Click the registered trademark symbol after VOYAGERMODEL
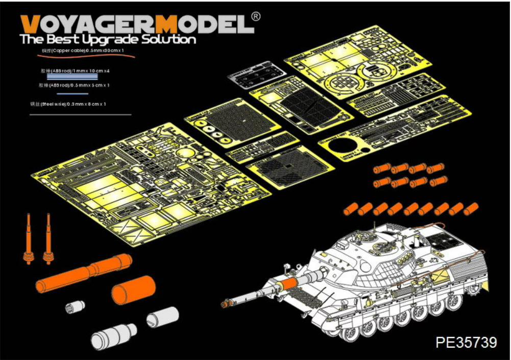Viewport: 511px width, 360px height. [256, 16]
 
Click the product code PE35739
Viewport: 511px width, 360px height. [466, 342]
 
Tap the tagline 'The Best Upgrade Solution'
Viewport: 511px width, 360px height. [108, 39]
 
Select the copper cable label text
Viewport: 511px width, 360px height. [84, 51]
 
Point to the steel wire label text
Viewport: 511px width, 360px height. [68, 104]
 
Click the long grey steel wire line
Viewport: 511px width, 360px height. [80, 114]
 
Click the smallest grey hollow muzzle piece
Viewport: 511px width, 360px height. [72, 307]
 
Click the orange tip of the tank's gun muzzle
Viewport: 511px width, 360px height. [224, 304]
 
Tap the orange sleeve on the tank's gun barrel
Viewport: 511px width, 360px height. [289, 282]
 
